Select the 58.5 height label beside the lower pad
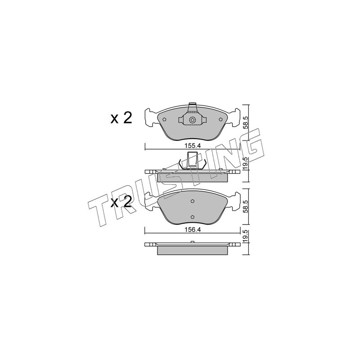[x=245, y=207]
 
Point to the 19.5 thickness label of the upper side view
[x=245, y=162]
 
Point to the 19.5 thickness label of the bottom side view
[x=245, y=237]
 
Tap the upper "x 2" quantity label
[x=121, y=119]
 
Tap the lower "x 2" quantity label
[x=121, y=202]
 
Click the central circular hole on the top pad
[x=192, y=120]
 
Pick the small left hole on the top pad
[x=164, y=119]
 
